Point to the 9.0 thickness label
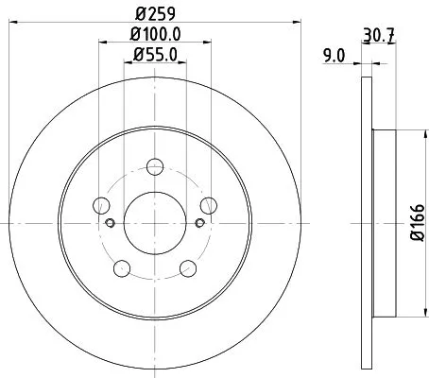click(x=334, y=57)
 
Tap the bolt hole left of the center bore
click(x=99, y=203)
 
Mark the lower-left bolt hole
click(x=120, y=269)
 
